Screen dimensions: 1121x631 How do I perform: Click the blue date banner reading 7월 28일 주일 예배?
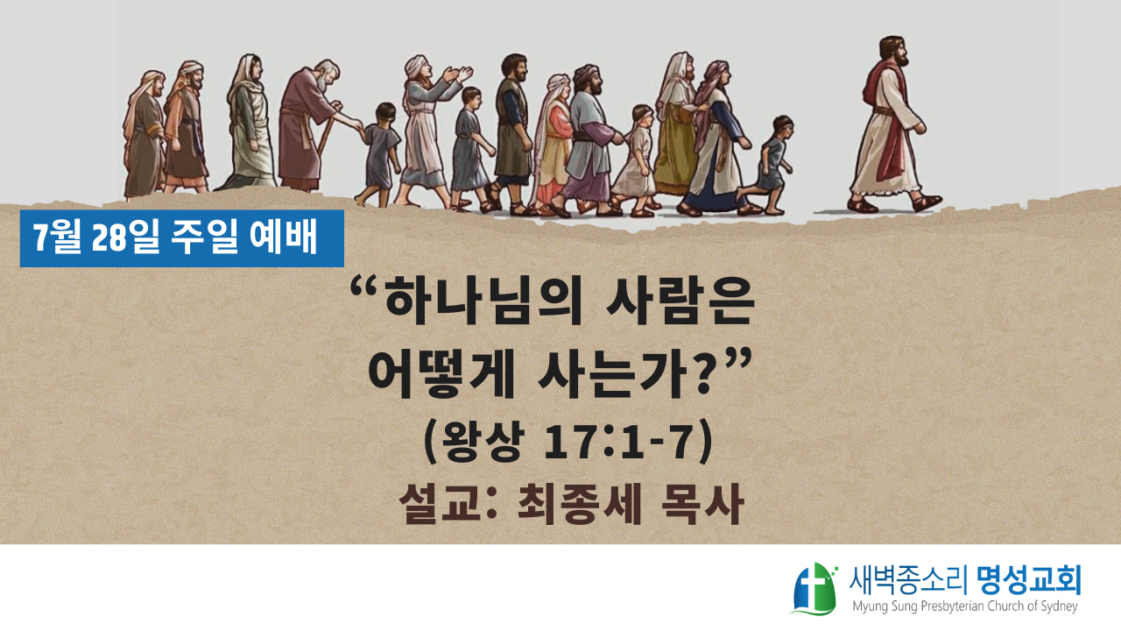181,238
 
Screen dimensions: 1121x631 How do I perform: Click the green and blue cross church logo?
814,589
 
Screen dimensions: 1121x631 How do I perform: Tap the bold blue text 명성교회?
1029,580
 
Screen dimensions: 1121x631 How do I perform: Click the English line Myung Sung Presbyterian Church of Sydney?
965,606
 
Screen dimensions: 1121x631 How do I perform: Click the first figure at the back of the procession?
145,134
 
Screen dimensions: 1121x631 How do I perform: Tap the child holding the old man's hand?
379,154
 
